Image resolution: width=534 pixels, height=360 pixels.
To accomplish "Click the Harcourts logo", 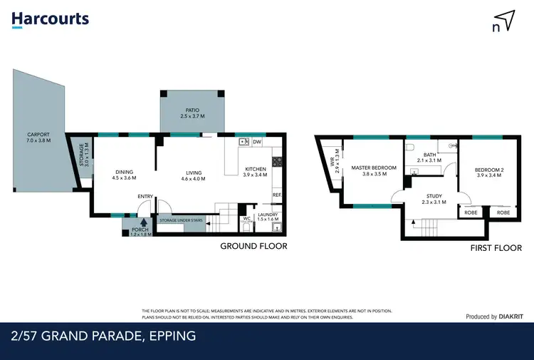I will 50,19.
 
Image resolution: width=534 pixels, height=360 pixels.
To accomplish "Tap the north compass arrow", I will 504,21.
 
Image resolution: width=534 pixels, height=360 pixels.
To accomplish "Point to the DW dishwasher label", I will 257,142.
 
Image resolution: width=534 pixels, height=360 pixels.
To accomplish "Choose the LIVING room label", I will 193,173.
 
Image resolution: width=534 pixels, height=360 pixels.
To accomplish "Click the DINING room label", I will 125,172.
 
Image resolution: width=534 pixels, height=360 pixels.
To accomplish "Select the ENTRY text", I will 145,197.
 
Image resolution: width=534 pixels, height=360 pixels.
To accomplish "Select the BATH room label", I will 429,155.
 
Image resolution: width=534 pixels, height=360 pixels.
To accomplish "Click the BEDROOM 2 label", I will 488,170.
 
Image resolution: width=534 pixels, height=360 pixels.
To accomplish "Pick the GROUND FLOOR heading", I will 253,246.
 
